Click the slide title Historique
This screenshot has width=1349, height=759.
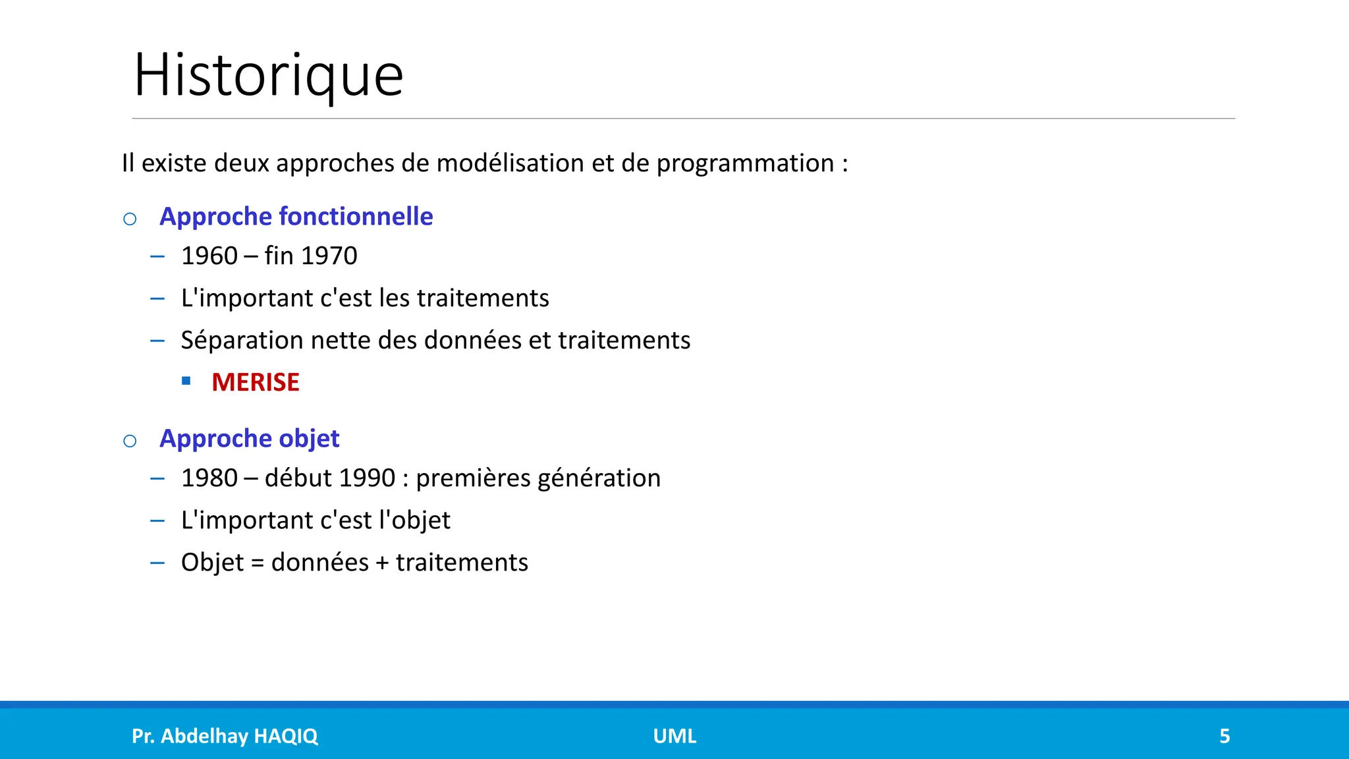click(268, 75)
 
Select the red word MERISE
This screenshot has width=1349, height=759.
click(256, 382)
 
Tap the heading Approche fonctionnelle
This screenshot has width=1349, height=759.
click(296, 217)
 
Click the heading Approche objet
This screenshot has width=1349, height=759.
click(249, 439)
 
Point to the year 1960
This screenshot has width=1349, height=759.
click(209, 256)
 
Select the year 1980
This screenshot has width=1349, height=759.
click(209, 478)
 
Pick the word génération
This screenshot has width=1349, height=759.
click(599, 478)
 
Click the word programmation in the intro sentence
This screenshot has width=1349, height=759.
click(745, 163)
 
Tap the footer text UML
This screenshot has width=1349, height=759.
click(674, 736)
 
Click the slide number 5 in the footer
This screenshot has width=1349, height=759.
click(1225, 736)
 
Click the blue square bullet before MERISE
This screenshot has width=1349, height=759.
click(186, 381)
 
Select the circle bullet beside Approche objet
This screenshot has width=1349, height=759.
click(130, 441)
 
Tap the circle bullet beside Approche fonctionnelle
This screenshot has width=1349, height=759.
click(130, 219)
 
